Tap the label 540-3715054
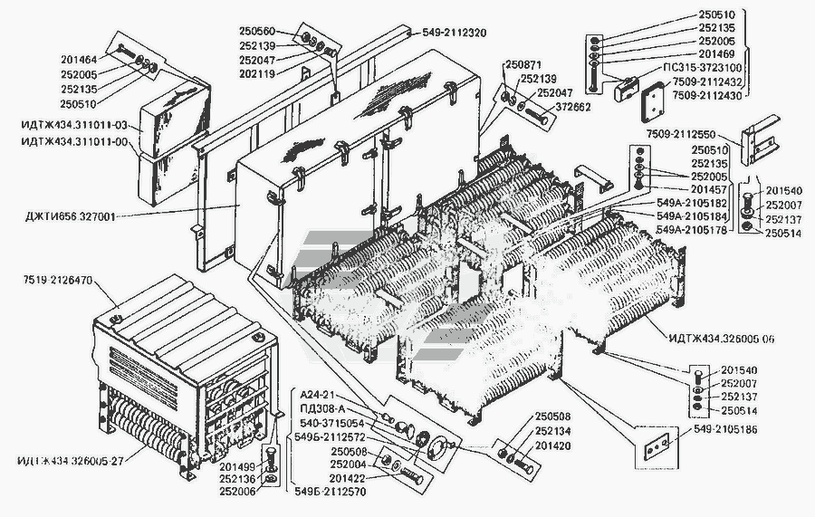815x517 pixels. tap(332, 423)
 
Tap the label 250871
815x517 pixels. tap(523, 66)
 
